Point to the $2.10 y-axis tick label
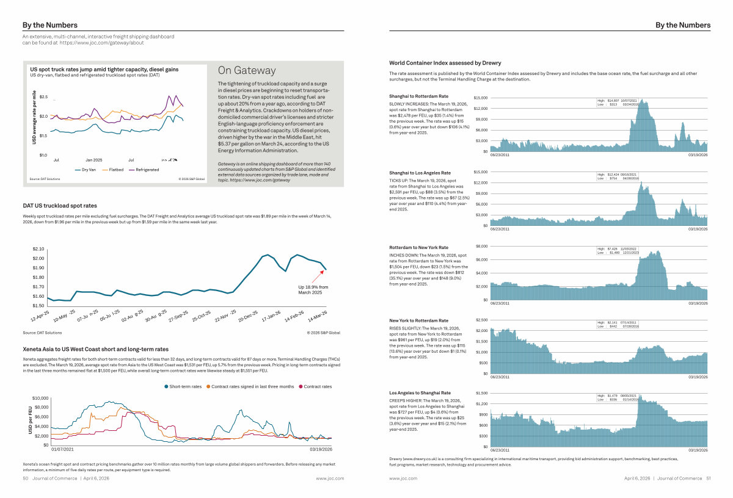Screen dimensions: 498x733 (38, 249)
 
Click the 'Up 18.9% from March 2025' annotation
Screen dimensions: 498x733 (313, 289)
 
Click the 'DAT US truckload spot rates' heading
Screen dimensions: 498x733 (60, 206)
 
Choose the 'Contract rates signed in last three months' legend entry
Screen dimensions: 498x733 (252, 386)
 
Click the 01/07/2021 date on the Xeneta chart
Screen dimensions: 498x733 (63, 449)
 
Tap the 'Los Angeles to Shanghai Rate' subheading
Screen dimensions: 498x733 (420, 392)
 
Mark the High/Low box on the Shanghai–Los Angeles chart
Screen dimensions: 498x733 (618, 176)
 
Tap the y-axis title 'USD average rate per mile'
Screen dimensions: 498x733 (35, 117)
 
